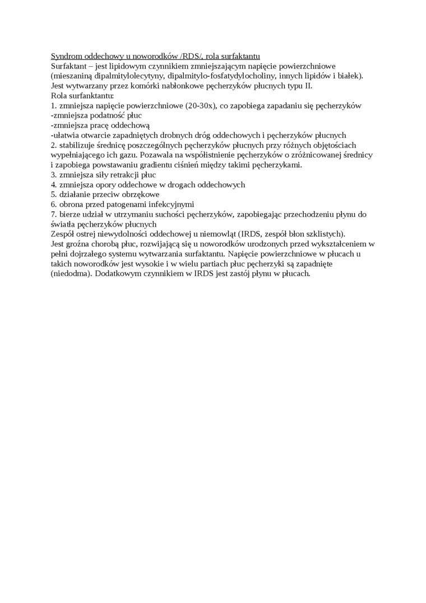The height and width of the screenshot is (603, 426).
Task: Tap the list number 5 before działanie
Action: coord(53,194)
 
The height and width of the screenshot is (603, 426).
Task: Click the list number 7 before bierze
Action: coord(53,214)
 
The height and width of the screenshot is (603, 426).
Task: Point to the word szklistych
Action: coord(325,234)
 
